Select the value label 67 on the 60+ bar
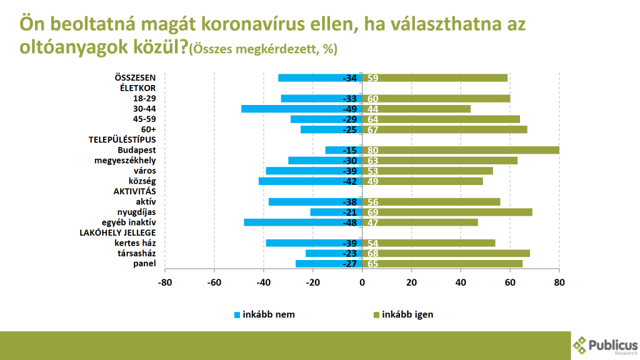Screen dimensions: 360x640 [x=373, y=129]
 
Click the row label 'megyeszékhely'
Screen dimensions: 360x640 [x=129, y=161]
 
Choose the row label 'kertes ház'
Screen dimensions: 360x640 [x=135, y=243]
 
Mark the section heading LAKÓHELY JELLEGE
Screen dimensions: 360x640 [x=117, y=233]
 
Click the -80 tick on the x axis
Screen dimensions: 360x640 [x=165, y=282]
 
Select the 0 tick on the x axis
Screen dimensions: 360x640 [x=362, y=282]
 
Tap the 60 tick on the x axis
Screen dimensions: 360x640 [x=510, y=282]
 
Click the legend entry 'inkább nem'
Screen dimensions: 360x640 [x=268, y=314]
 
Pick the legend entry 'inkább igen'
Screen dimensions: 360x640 [x=407, y=314]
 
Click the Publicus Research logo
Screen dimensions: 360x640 [x=605, y=344]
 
